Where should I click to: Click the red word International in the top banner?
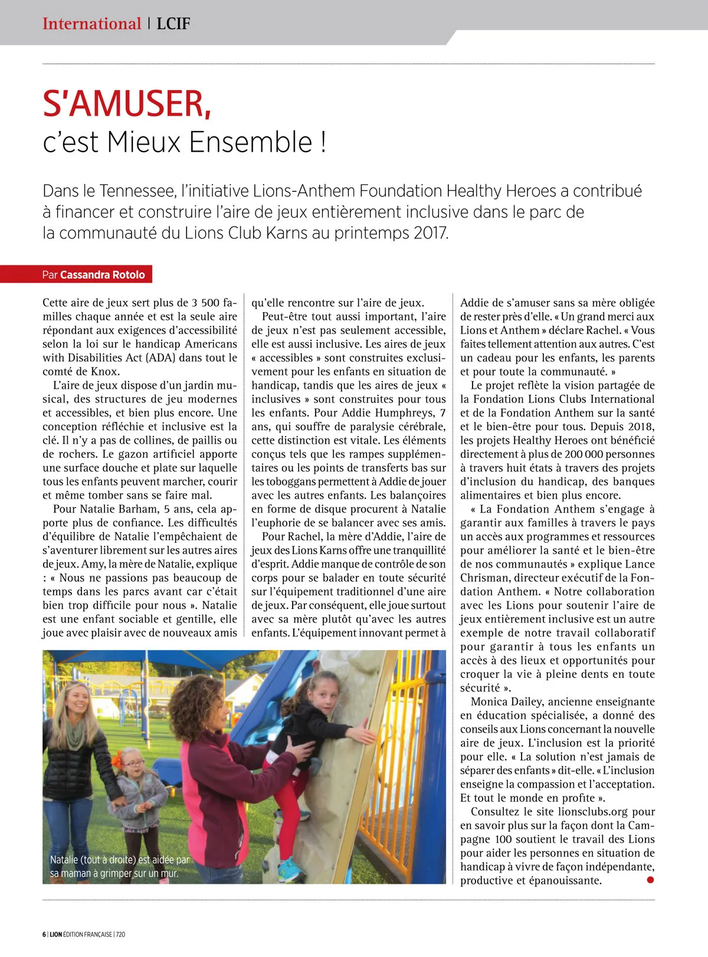(x=91, y=24)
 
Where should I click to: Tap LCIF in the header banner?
(x=173, y=24)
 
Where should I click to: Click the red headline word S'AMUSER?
(x=126, y=104)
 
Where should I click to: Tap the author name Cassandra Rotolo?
(x=102, y=274)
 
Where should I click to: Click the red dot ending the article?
(x=650, y=880)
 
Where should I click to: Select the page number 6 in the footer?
(x=44, y=934)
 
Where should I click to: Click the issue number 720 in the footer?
(x=120, y=934)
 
